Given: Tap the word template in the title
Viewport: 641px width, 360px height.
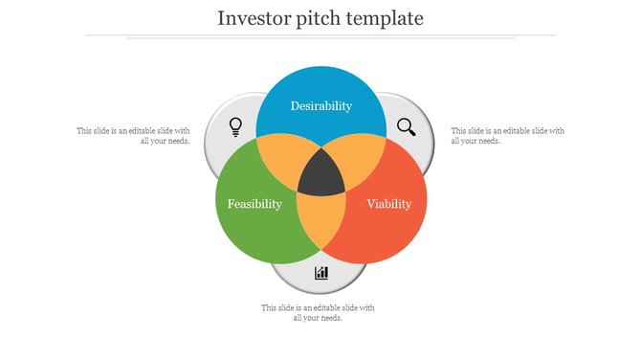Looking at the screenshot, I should click(x=387, y=18).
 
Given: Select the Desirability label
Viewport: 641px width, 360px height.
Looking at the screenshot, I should click(x=321, y=106).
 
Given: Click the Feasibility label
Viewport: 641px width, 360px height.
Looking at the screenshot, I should click(x=254, y=204).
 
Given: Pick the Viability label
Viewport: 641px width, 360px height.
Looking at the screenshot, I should click(x=389, y=204).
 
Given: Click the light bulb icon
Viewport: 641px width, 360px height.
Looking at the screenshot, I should click(x=235, y=126).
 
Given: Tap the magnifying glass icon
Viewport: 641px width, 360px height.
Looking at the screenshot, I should click(x=407, y=126).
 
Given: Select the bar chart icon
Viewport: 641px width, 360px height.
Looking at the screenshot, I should click(x=321, y=273).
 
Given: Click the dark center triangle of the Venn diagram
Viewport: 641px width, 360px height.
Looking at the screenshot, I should click(x=321, y=175).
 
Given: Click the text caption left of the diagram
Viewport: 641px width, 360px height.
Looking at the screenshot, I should click(x=133, y=136).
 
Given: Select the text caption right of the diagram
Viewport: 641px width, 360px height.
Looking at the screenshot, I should click(x=507, y=136).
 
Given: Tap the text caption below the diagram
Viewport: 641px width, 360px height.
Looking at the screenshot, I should click(x=319, y=313).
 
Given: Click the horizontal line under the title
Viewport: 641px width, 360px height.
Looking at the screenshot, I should click(x=320, y=35).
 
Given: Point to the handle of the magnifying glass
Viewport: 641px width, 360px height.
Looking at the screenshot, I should click(x=411, y=132).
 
